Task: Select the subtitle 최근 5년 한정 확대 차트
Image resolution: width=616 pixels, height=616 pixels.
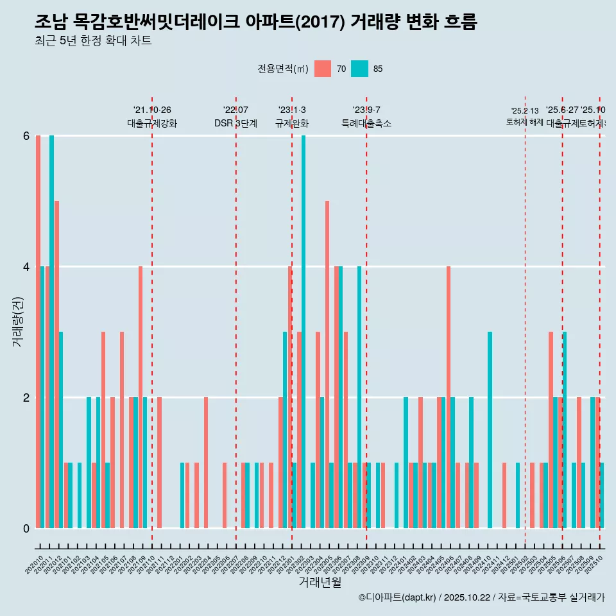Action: click(93, 42)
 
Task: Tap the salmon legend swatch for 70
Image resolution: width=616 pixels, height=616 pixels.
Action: click(323, 69)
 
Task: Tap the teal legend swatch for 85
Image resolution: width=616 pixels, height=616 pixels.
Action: click(360, 69)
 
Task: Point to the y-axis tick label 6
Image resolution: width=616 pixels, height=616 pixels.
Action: click(26, 135)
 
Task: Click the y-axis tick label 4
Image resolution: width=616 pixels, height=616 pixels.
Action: click(26, 266)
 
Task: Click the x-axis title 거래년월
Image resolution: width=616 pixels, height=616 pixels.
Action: click(320, 582)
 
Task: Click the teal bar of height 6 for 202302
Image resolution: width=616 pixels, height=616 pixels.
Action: click(304, 332)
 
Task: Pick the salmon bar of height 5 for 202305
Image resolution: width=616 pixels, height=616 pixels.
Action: click(327, 364)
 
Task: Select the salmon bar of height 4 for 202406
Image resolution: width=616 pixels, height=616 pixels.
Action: click(449, 397)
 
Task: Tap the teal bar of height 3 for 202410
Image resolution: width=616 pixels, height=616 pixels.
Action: click(490, 430)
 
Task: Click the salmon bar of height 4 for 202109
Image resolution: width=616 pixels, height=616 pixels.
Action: click(141, 397)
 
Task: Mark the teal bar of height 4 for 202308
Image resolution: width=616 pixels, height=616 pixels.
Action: click(360, 397)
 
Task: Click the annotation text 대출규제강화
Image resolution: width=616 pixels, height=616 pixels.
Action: click(152, 123)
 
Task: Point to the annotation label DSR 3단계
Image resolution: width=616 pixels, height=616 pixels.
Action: click(236, 123)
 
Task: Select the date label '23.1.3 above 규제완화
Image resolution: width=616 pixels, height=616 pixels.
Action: click(292, 110)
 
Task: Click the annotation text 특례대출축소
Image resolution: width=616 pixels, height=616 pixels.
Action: click(366, 123)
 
